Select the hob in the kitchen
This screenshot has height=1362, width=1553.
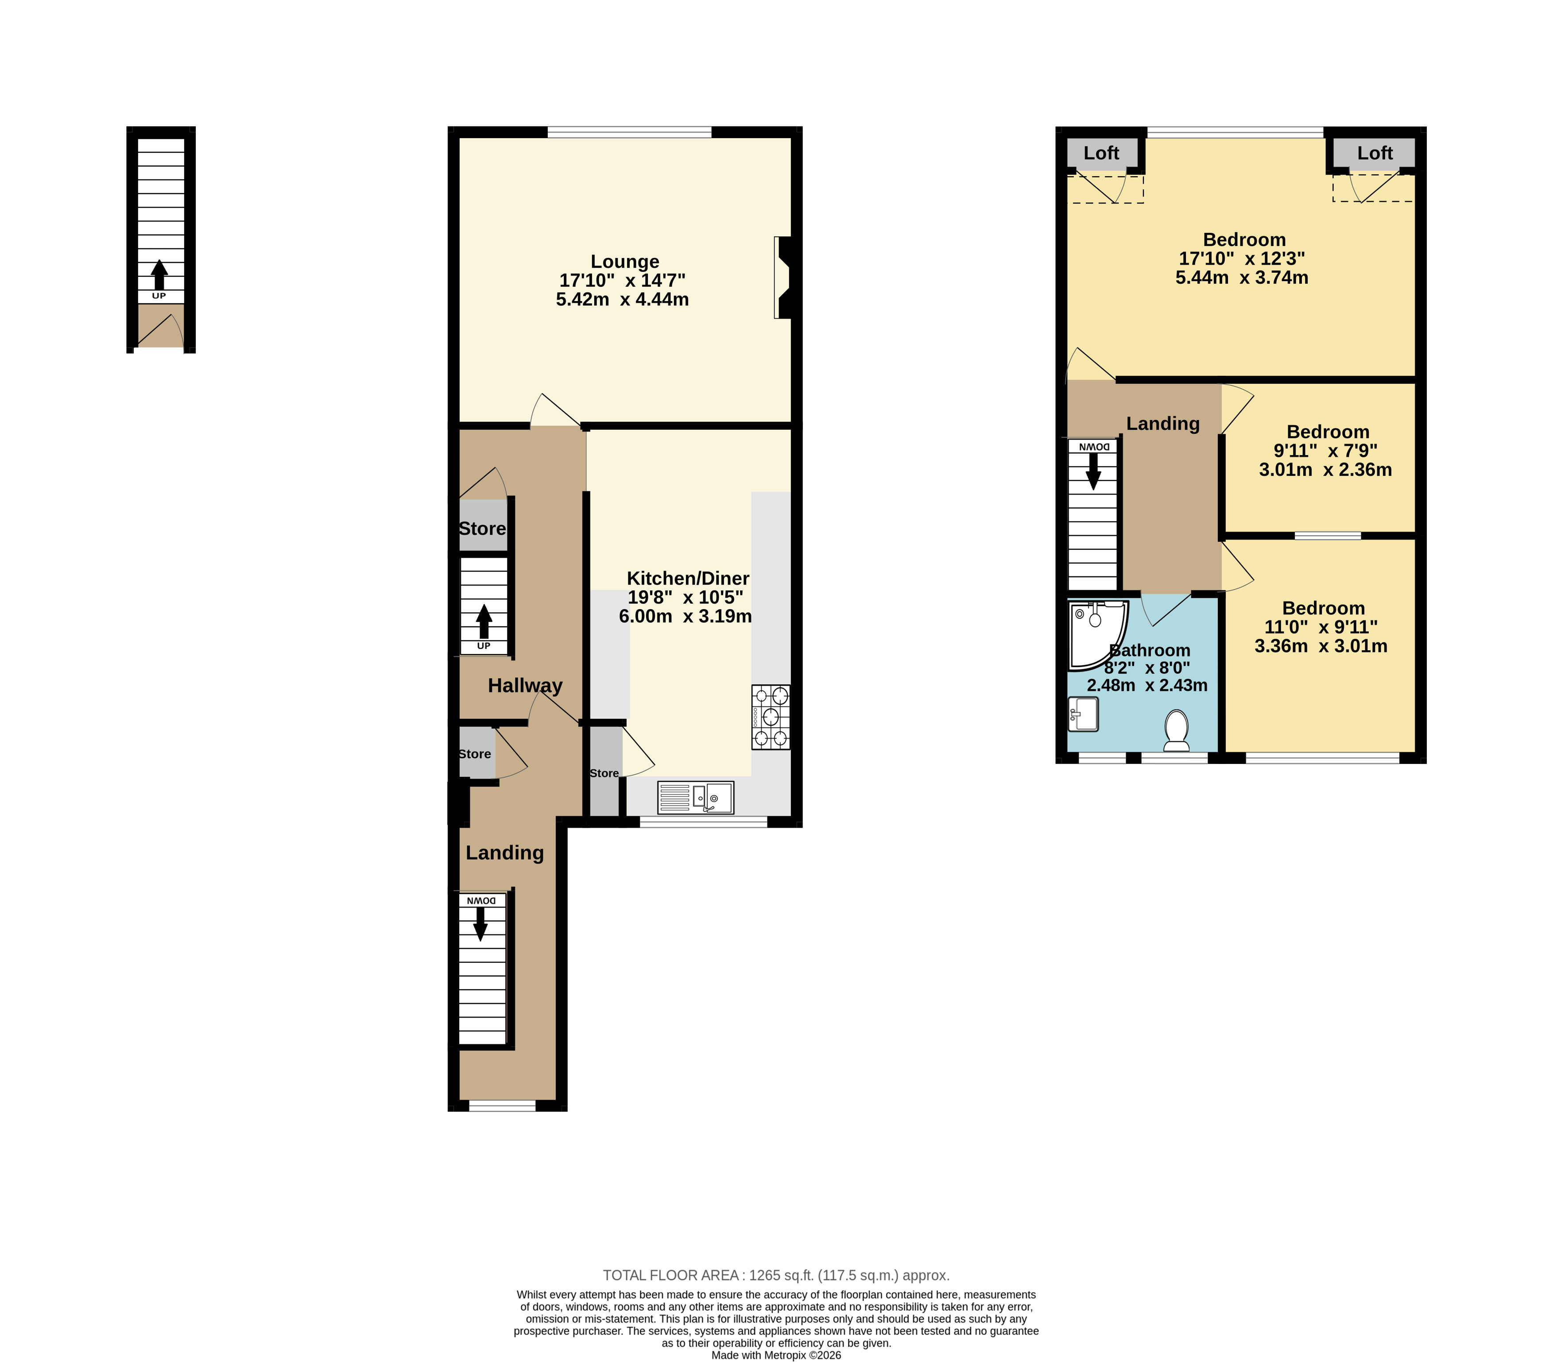[x=771, y=717]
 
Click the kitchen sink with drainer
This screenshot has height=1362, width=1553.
[x=695, y=798]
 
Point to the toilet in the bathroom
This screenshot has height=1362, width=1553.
[x=1176, y=729]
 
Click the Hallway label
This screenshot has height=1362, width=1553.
[x=525, y=686]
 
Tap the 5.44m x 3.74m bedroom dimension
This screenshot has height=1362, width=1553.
[x=1242, y=278]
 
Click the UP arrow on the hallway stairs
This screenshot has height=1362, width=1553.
[x=483, y=621]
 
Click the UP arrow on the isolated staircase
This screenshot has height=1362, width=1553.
[x=159, y=275]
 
